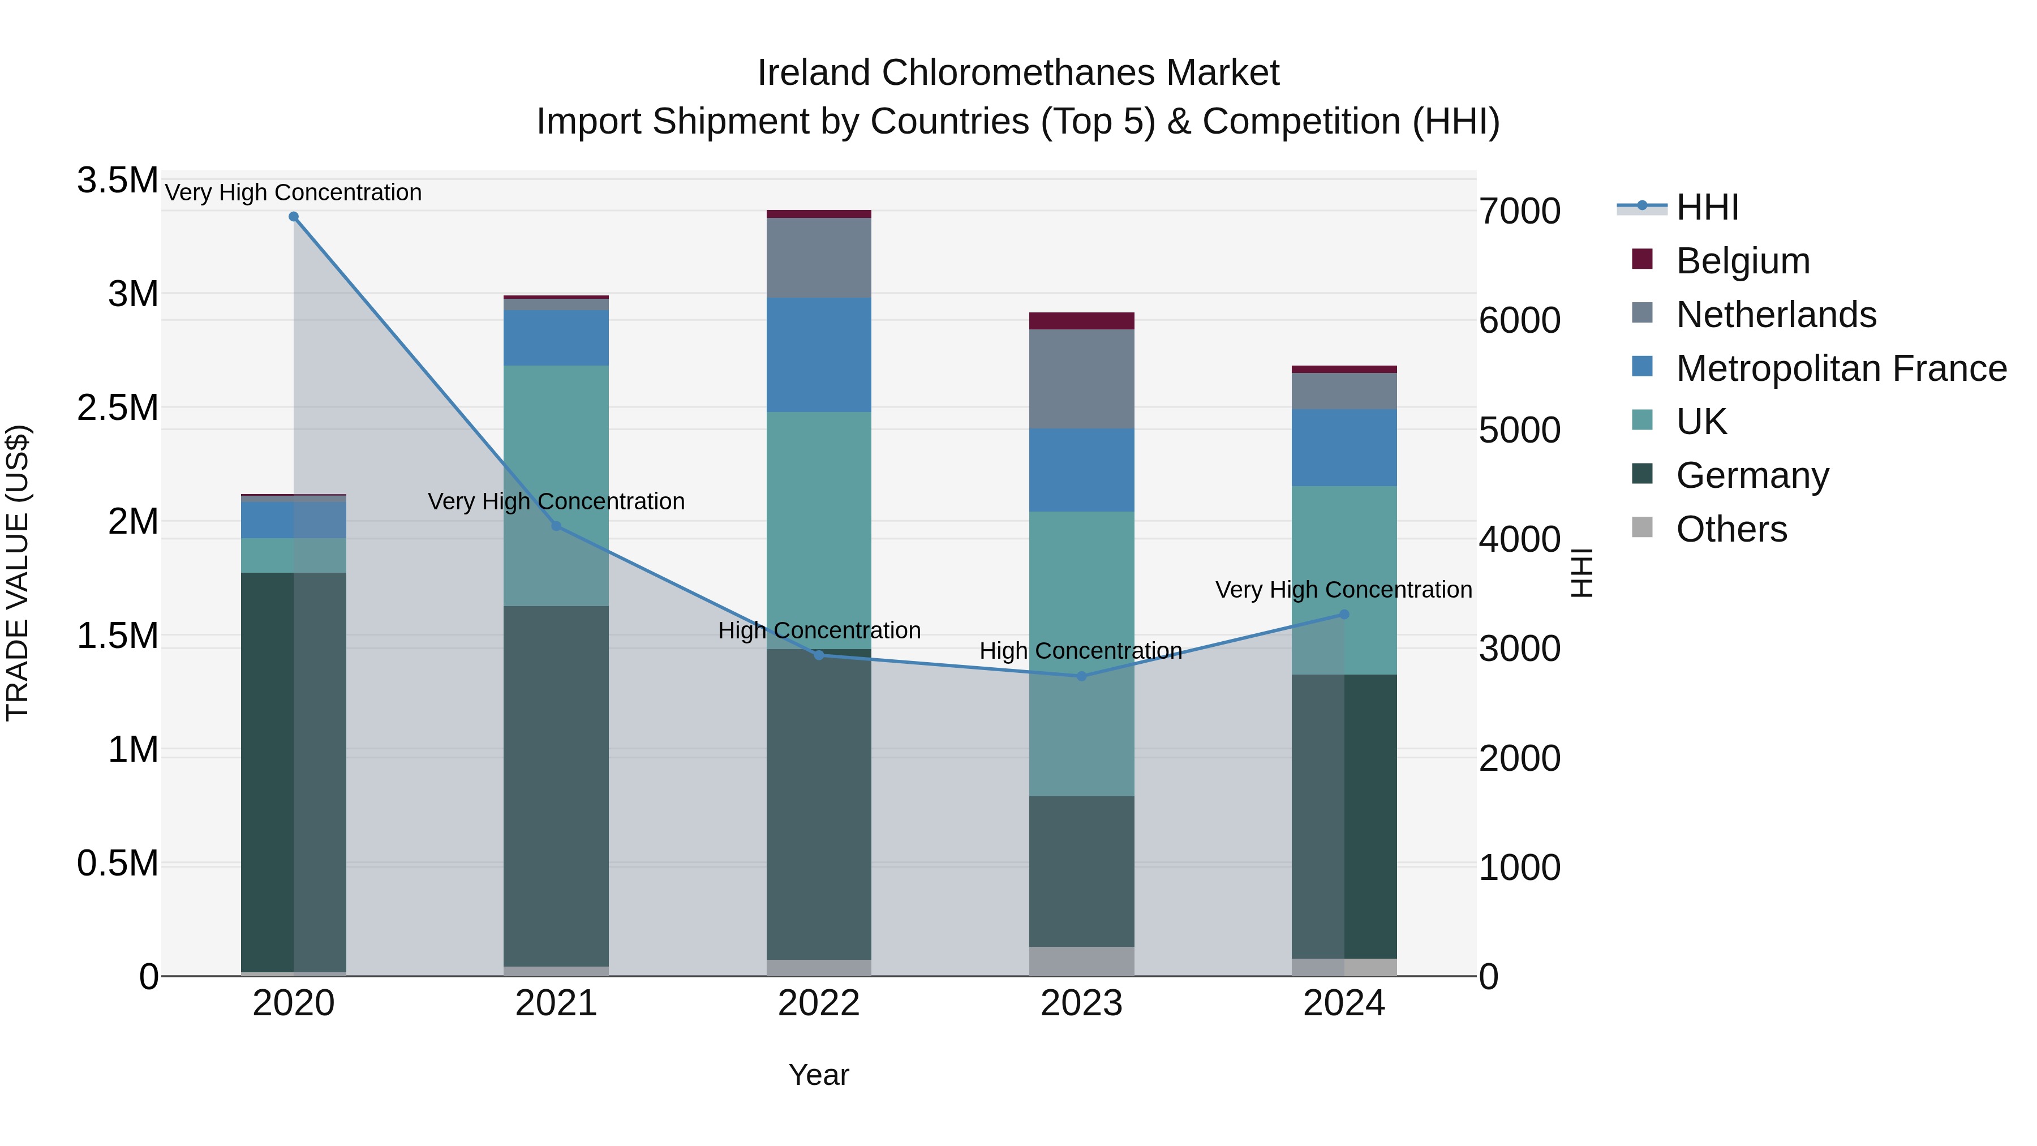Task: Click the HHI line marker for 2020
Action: point(293,217)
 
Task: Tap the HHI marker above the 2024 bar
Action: point(1343,615)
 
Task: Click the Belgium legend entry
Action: point(1742,261)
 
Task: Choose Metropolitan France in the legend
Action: point(1841,368)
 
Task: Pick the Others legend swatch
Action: point(1643,527)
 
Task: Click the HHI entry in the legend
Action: point(1707,207)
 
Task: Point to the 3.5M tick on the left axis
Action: point(117,181)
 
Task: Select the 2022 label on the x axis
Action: point(818,1003)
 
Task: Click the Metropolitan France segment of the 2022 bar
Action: point(818,354)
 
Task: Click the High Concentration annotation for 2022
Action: point(819,630)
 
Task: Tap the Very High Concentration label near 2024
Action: point(1343,590)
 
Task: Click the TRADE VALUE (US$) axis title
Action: point(18,573)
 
